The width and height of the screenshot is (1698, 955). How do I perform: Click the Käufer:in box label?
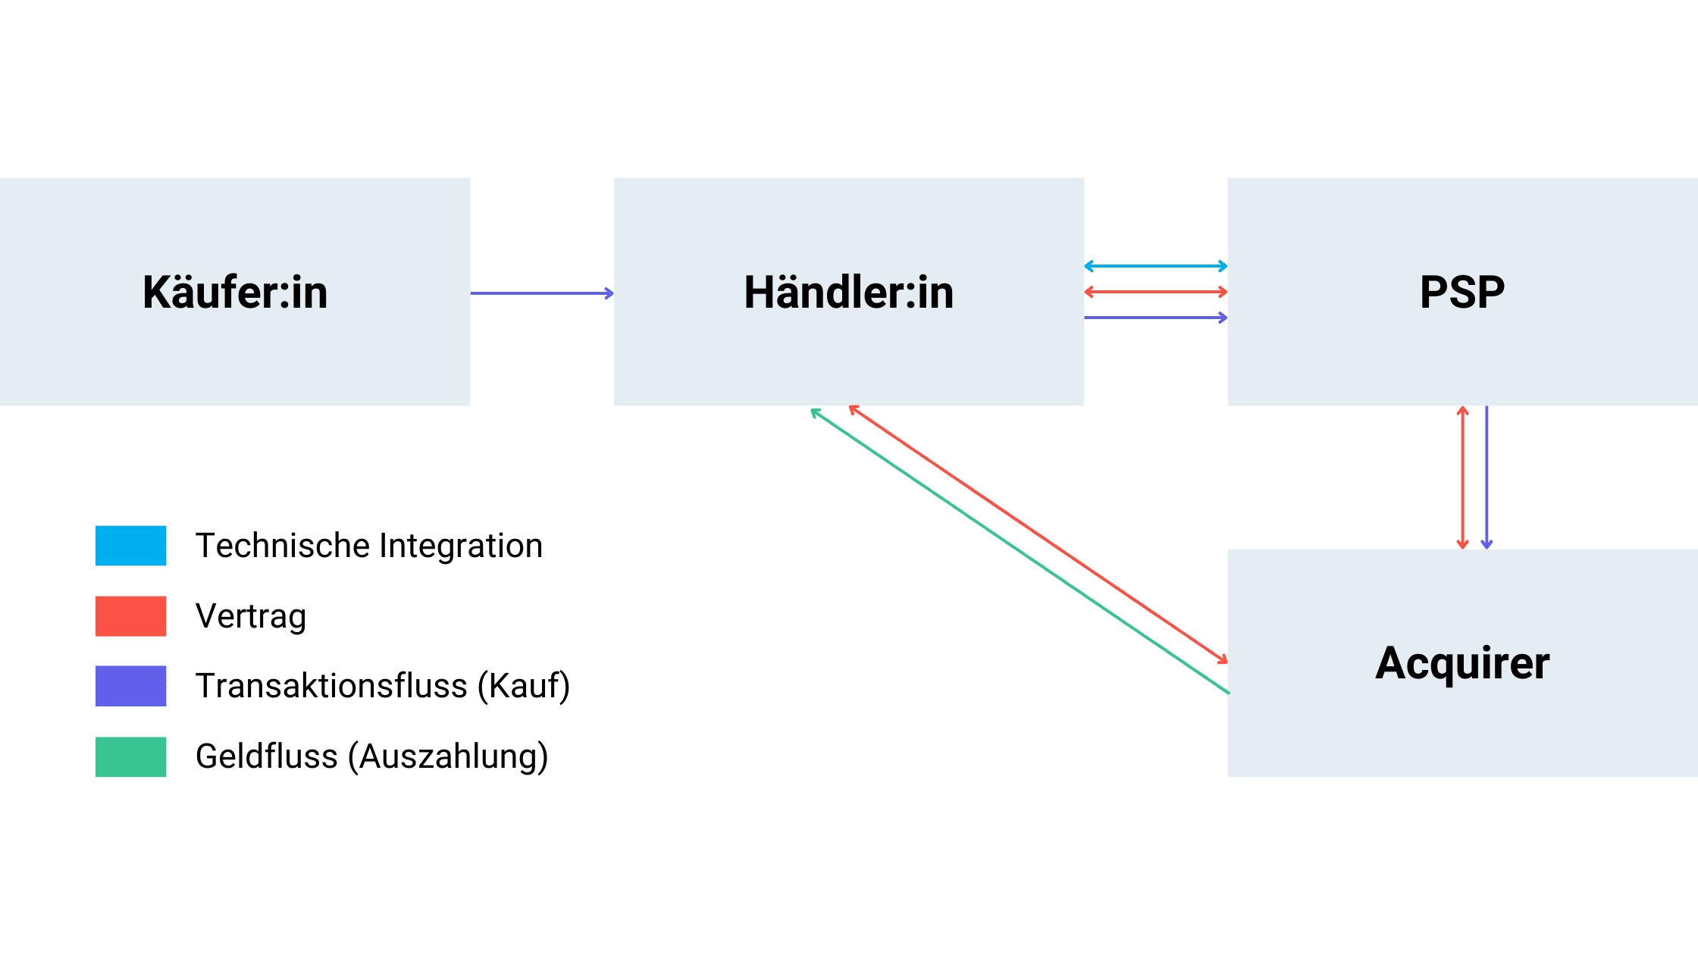235,293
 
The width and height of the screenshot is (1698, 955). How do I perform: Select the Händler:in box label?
848,293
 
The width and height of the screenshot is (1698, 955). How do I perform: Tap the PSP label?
1461,293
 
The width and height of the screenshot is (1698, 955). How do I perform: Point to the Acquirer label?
1461,663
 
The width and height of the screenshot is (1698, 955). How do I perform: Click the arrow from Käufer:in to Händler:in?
541,293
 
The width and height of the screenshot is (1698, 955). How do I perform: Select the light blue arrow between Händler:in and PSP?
1155,266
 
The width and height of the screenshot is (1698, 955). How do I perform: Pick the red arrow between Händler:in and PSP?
1155,292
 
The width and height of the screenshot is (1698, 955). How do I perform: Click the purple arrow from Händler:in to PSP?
1155,318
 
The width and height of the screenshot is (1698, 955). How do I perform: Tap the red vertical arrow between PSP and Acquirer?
1463,477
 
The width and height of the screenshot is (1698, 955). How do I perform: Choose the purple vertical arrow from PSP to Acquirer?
1487,477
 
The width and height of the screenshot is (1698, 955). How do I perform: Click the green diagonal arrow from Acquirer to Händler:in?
1020,552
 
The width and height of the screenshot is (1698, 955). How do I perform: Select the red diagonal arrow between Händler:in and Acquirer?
1039,534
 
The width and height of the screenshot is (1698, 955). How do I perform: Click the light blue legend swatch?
130,546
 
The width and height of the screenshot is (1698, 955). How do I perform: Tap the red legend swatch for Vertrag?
130,616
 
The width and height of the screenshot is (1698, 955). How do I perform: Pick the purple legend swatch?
130,686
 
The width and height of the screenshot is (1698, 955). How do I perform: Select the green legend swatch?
130,756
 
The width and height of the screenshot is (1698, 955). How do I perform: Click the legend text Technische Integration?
369,546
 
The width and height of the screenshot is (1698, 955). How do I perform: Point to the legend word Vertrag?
251,616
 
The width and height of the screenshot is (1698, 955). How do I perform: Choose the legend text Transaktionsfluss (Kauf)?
383,686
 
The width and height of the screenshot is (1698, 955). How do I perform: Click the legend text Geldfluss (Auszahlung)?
371,756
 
